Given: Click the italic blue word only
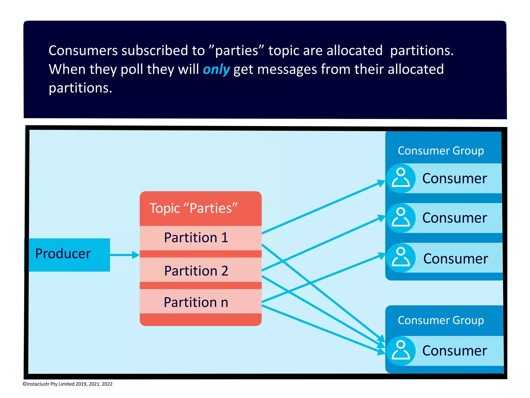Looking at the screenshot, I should tap(216, 69).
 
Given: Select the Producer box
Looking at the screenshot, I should tap(67, 255).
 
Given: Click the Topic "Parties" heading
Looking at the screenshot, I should tap(194, 208).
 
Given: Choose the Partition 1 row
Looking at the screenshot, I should tap(196, 238).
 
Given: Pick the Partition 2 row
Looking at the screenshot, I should tap(196, 271).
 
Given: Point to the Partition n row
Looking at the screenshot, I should tap(196, 302).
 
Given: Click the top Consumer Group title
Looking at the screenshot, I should tap(440, 151).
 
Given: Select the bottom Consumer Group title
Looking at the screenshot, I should tap(440, 320).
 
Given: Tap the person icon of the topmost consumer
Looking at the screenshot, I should tap(401, 178).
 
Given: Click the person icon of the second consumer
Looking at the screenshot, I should tap(401, 218).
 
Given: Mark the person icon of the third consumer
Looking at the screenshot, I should tap(401, 258).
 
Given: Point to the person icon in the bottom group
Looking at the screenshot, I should tap(401, 351).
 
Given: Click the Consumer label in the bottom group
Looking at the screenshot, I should tap(454, 351).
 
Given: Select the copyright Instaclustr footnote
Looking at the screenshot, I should tap(68, 384).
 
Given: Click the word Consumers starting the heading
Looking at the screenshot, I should tap(83, 50).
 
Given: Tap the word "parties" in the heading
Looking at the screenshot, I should tap(236, 50).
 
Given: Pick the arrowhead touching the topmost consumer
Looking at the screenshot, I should tap(381, 183).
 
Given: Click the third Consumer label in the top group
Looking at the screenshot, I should tap(455, 259).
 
